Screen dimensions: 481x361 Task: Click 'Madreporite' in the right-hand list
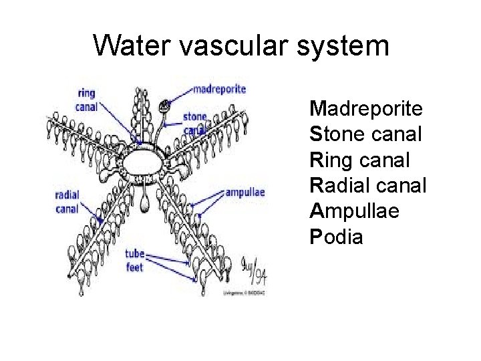[365, 108]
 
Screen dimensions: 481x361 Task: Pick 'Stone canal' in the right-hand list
[365, 134]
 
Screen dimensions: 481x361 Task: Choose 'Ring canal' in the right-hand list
[359, 160]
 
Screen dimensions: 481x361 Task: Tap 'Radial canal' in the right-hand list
[367, 185]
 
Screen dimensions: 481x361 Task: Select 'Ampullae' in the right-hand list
[355, 211]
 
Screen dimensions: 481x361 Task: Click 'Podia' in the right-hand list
[337, 237]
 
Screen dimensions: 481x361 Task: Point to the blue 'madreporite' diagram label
[219, 89]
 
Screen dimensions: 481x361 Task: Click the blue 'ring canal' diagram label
[87, 100]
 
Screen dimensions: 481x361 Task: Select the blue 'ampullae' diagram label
[245, 193]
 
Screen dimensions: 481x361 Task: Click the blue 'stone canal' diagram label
[194, 123]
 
